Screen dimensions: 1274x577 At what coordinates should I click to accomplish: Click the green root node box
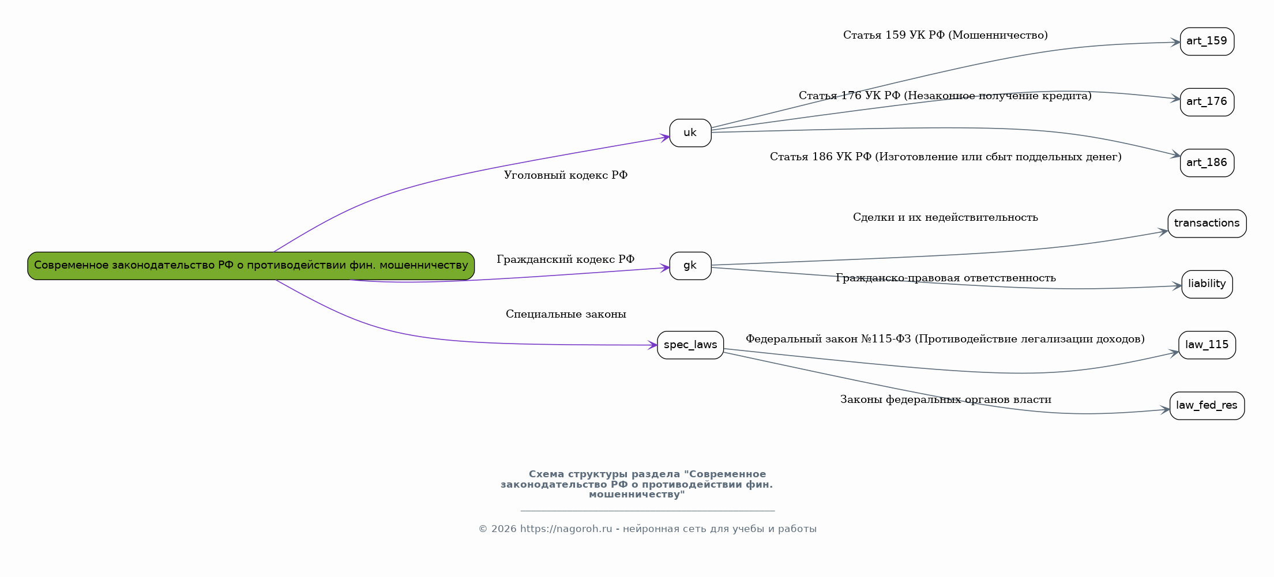[251, 266]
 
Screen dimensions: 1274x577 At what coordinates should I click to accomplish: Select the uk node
[690, 133]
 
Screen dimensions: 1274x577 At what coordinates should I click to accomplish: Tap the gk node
[690, 266]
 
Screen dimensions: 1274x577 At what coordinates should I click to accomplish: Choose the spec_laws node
[690, 345]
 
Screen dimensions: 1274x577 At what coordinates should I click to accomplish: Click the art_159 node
[1207, 42]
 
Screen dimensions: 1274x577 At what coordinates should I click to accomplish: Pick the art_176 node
[1207, 102]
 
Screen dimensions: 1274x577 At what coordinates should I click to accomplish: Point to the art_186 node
[1207, 163]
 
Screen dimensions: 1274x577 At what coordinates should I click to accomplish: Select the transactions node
[1207, 224]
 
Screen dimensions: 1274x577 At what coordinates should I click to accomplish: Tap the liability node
[1207, 284]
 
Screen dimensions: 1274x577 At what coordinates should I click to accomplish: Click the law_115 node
[1207, 345]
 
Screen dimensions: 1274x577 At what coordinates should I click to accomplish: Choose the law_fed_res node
[1207, 406]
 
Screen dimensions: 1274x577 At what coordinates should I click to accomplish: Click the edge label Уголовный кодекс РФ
[566, 175]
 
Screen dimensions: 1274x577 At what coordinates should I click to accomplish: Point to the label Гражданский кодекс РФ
[566, 259]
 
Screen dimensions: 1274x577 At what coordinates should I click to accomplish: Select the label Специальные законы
[566, 314]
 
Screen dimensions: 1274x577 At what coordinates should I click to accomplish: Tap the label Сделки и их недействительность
[945, 217]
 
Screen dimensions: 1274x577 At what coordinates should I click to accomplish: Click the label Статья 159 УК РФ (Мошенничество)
[945, 35]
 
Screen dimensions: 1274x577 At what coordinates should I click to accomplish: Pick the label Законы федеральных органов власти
[945, 399]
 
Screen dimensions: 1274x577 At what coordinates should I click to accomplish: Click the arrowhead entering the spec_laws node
[653, 345]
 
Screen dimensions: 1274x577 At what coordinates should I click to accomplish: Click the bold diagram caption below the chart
[637, 484]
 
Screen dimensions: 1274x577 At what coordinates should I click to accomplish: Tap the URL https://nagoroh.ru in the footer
[566, 529]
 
